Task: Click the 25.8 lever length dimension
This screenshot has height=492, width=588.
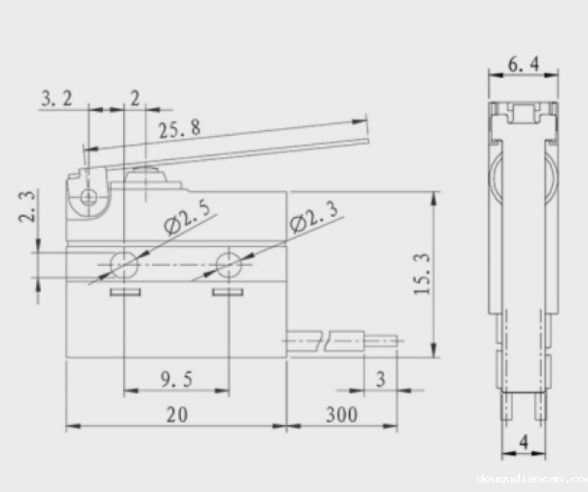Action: tap(179, 129)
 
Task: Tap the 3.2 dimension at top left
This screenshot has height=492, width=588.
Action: tap(56, 98)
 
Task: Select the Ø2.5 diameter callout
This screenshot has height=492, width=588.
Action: tap(187, 218)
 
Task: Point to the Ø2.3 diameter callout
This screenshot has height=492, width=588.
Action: tap(315, 215)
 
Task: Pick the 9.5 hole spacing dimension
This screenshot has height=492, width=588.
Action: tap(175, 378)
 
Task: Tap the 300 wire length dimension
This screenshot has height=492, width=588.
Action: tap(341, 414)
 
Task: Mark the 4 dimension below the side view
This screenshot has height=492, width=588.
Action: tap(524, 441)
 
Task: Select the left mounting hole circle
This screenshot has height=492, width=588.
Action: tap(124, 262)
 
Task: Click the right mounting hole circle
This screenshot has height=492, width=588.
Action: tap(228, 262)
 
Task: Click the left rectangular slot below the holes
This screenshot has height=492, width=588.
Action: tap(124, 292)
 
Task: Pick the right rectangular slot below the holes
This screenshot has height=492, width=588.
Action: tap(228, 292)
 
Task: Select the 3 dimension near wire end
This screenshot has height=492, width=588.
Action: tap(381, 378)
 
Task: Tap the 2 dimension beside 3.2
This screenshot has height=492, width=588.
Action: tap(134, 98)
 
